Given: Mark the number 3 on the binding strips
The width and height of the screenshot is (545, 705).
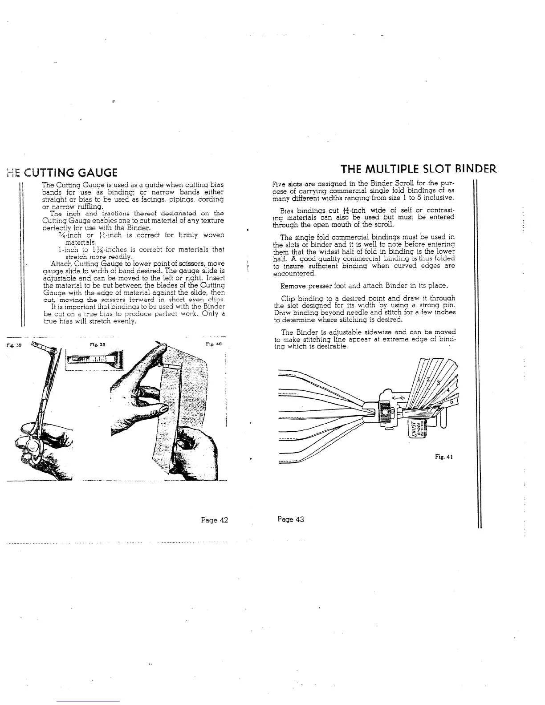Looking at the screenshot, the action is (x=438, y=383).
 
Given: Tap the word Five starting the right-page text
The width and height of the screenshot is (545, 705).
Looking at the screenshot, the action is (x=279, y=184).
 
